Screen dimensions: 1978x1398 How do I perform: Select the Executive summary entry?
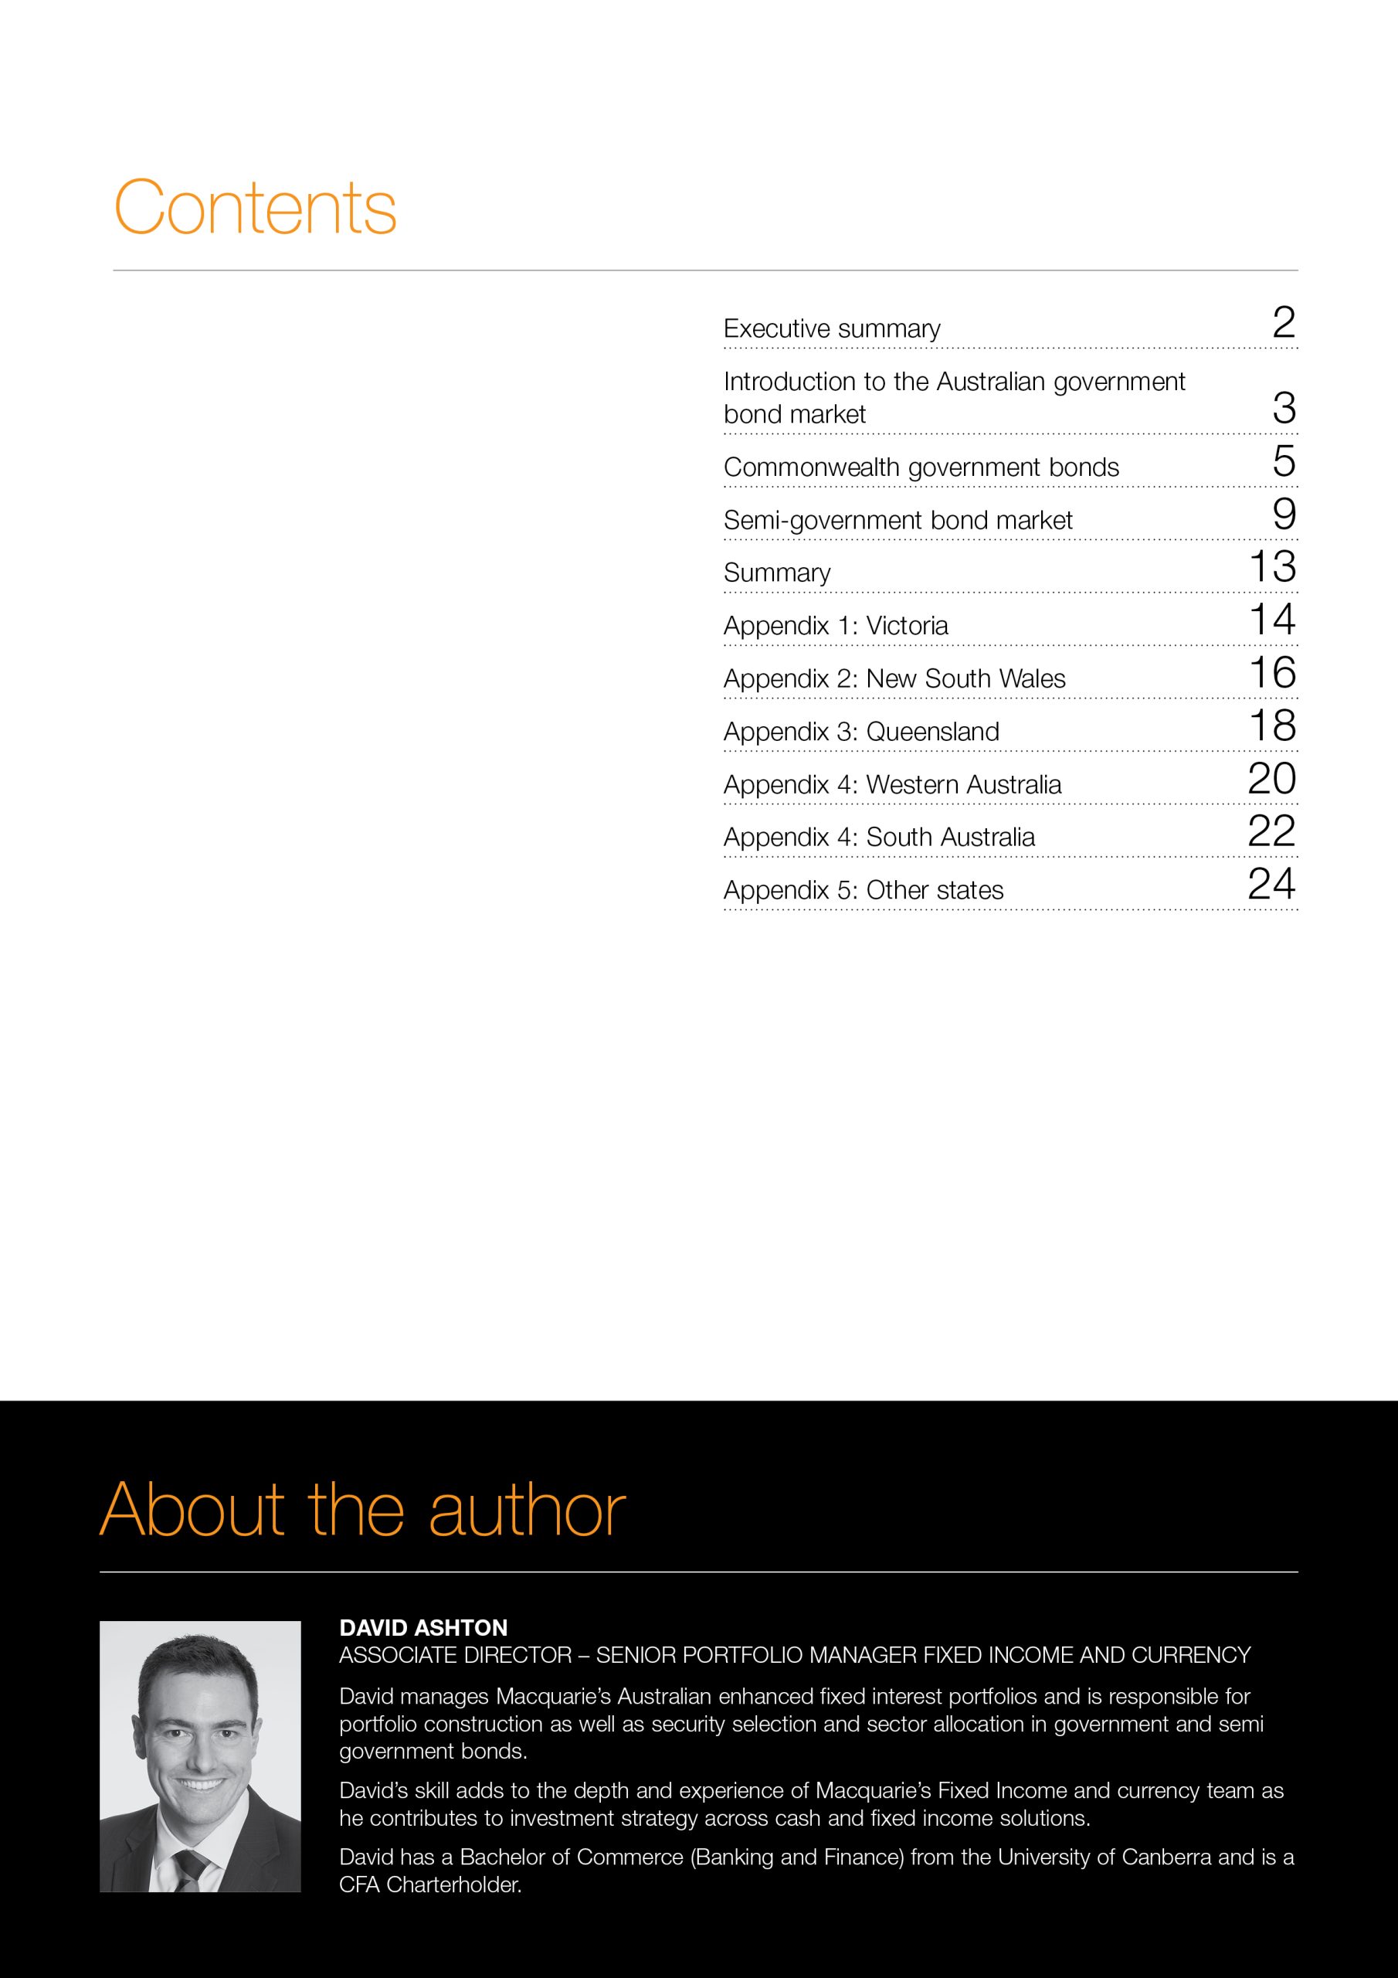(x=831, y=329)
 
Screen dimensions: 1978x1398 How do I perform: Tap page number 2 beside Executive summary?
(x=1284, y=323)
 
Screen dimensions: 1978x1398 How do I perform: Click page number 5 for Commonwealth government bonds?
(x=1284, y=462)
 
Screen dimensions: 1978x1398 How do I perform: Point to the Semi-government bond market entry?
(x=898, y=520)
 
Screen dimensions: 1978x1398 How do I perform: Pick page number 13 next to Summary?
(x=1272, y=567)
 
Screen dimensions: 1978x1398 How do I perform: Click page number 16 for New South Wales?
(x=1272, y=673)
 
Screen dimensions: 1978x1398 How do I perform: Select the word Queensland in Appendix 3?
(x=932, y=732)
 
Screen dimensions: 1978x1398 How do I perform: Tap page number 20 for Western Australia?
(x=1271, y=779)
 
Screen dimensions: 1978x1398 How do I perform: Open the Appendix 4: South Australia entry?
(x=879, y=838)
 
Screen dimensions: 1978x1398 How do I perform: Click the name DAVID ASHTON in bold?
(x=423, y=1627)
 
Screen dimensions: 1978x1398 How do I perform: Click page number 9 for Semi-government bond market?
(x=1284, y=515)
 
